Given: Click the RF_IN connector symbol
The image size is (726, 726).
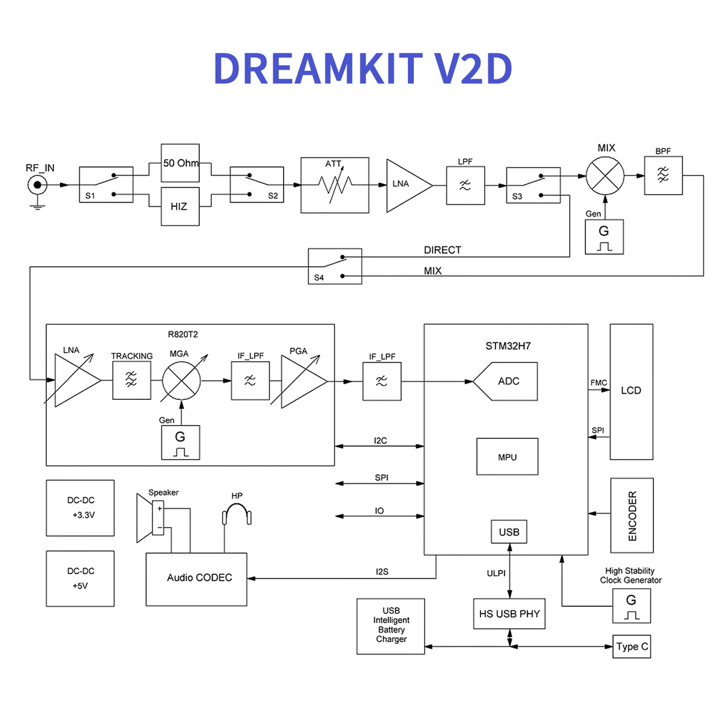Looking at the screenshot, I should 38,185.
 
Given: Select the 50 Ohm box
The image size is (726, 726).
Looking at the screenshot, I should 180,163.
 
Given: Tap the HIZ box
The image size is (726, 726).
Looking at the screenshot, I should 180,206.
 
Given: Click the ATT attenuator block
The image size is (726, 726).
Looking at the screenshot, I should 335,185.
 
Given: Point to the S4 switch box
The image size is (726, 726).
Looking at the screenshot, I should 335,266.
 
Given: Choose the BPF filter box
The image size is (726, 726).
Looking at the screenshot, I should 663,176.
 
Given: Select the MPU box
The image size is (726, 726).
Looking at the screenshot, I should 507,457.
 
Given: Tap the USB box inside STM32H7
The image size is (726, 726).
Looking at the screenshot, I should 509,532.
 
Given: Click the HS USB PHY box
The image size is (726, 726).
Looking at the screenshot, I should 509,614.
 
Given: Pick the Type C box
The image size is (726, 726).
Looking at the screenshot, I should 632,646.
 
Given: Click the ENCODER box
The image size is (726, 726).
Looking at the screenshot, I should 632,515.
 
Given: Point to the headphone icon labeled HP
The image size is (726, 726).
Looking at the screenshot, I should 237,516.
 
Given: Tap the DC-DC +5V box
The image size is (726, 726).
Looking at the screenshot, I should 80,578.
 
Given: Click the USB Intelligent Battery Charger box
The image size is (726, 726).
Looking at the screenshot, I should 391,626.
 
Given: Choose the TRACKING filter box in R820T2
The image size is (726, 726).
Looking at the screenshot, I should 131,380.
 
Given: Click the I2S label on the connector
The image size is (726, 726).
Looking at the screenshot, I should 382,571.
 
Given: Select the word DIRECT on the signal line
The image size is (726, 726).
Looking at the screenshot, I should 442,250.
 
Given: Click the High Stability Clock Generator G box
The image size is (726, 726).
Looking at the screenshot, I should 631,606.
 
